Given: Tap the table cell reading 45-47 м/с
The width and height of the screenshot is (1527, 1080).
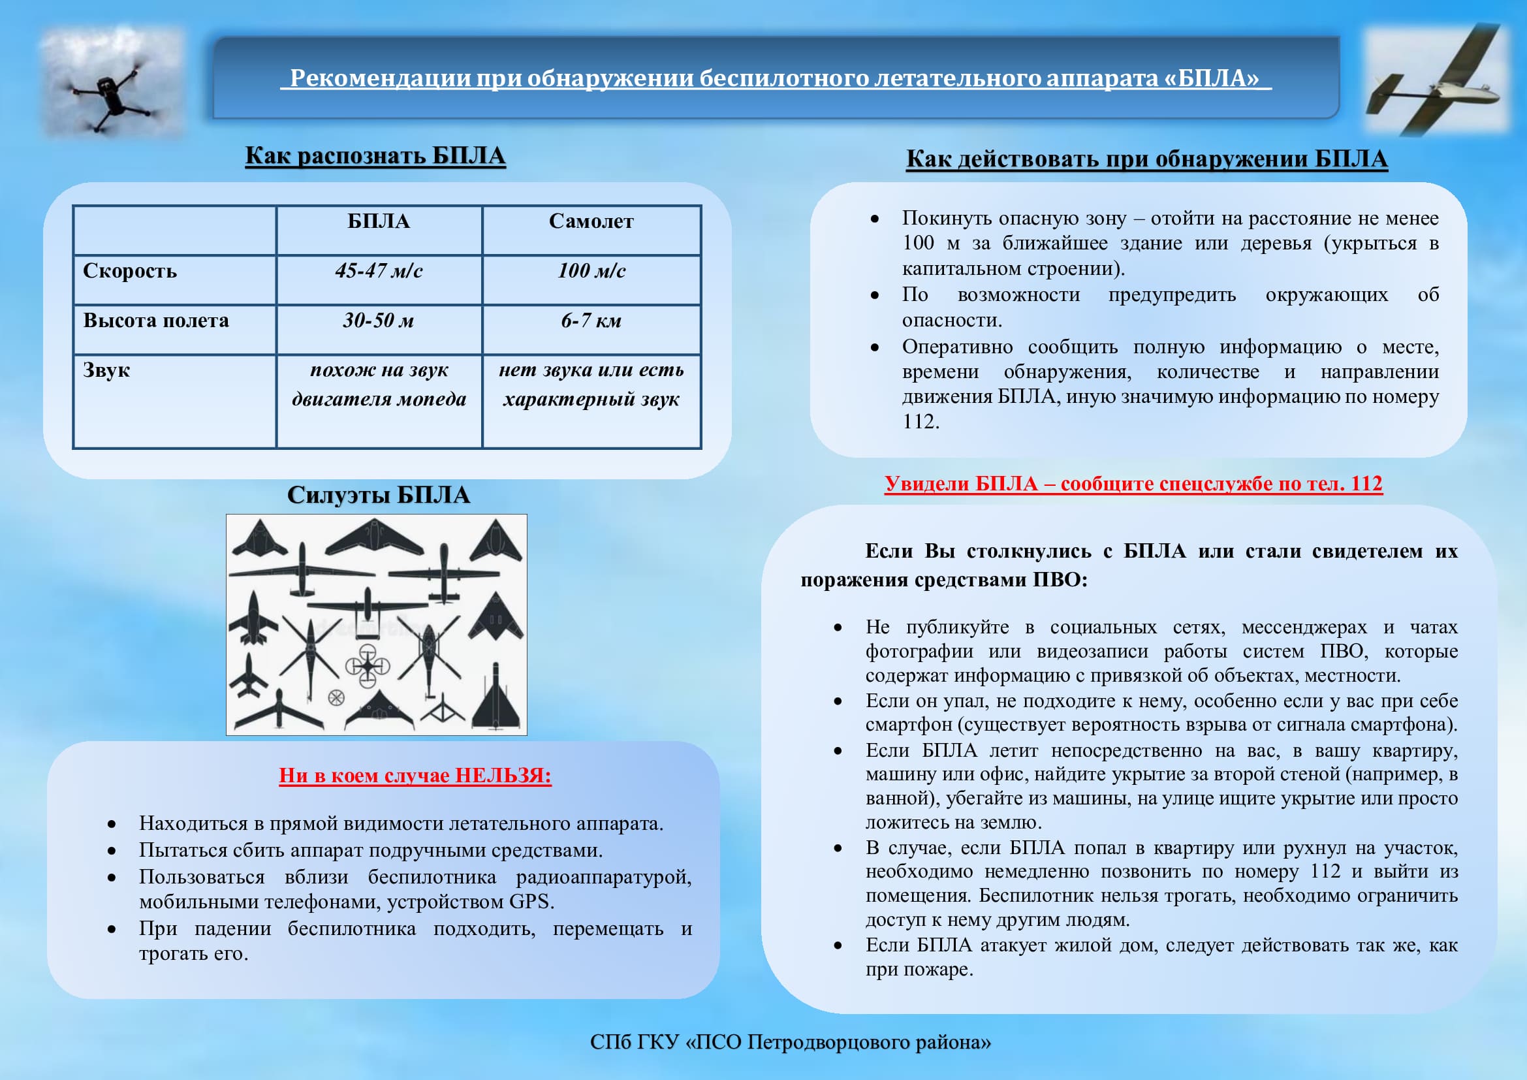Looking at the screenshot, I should coord(379,271).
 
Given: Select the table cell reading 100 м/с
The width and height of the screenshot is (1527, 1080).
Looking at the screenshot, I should coord(591,271).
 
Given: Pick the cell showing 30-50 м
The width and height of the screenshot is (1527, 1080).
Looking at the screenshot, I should coord(379,321).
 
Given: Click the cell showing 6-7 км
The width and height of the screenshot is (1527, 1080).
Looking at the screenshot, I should coord(591,321).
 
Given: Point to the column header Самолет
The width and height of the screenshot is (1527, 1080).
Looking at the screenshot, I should coord(591,221).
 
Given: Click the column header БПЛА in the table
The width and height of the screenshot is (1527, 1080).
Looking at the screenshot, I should coord(379,221).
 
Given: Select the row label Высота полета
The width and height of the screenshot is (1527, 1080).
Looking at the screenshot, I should coord(155,321).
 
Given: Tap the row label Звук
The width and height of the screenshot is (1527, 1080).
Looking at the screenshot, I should coord(106,370).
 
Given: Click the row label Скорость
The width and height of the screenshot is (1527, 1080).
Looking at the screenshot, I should coord(130,271).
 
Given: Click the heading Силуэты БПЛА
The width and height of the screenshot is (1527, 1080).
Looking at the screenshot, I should coord(379,495).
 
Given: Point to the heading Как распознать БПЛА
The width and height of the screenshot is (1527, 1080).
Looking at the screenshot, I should coord(375,155).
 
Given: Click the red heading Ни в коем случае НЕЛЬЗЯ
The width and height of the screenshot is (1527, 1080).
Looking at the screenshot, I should coord(415,776).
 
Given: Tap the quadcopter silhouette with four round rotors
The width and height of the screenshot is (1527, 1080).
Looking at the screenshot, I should coord(367,665).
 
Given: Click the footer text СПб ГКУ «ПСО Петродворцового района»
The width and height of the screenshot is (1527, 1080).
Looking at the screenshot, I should coord(790,1042).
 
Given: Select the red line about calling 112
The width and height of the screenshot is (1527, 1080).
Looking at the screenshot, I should coord(1133,483).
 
